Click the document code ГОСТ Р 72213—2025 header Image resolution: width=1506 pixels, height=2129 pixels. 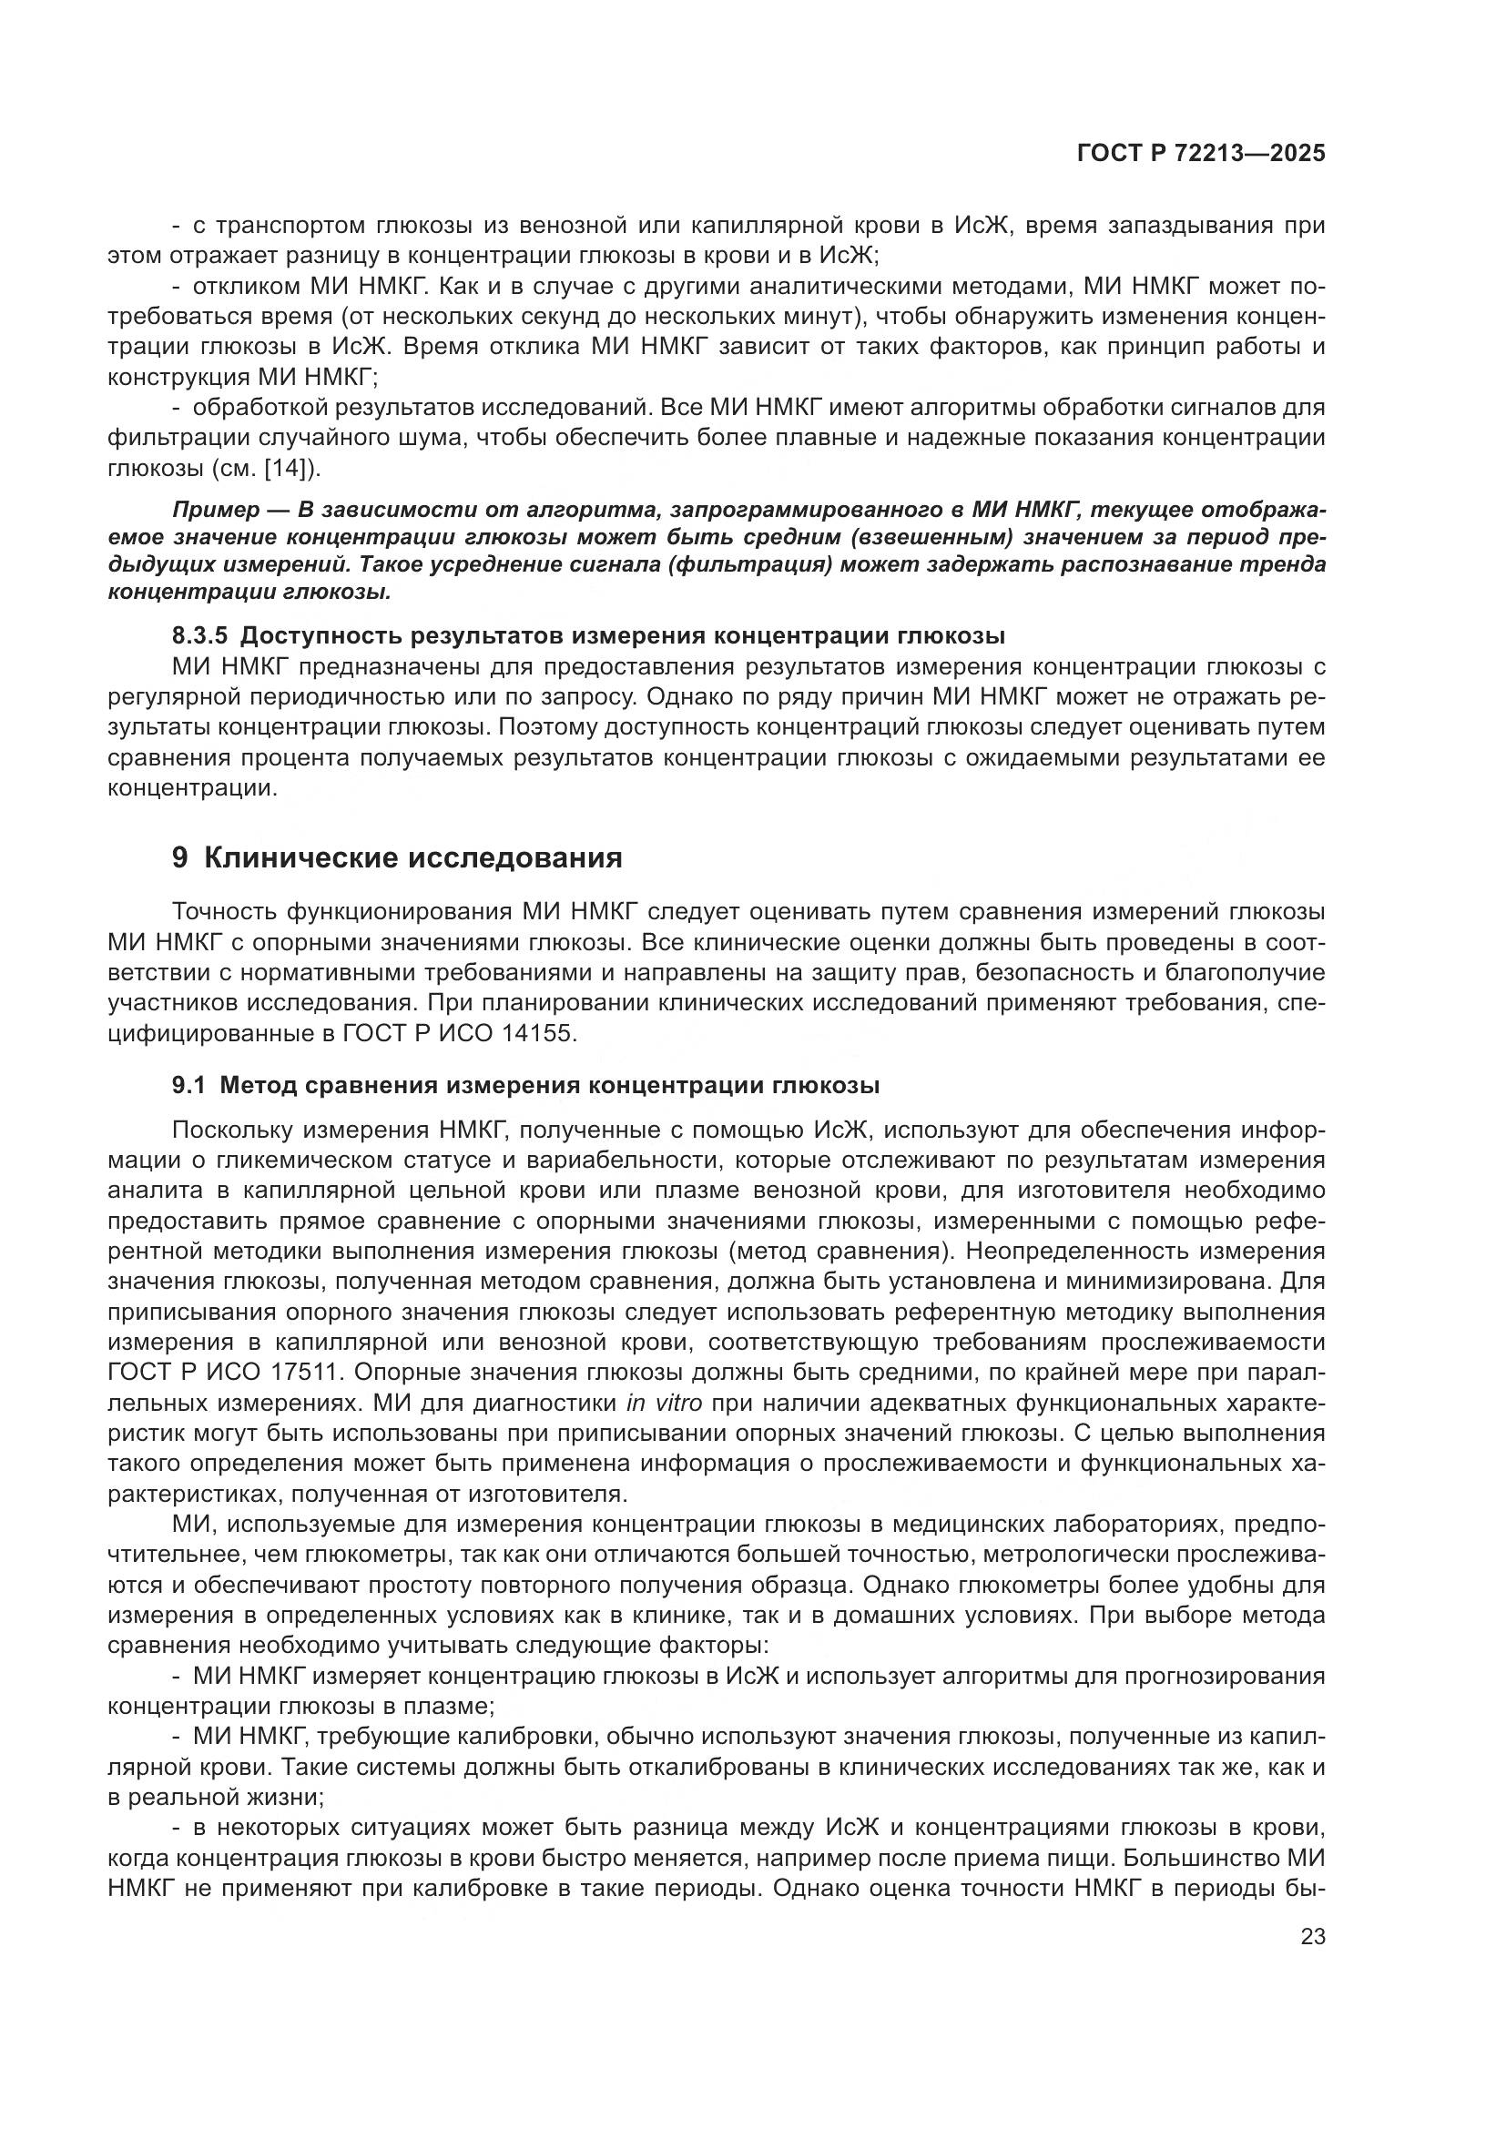(x=1201, y=154)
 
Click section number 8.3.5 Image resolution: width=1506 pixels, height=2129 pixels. (x=199, y=636)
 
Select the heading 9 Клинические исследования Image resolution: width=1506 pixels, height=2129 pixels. (x=397, y=857)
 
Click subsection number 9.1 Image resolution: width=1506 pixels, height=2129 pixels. (x=189, y=1085)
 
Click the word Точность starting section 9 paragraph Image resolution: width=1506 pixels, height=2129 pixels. (x=225, y=912)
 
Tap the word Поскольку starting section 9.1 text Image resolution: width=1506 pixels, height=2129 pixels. (x=232, y=1130)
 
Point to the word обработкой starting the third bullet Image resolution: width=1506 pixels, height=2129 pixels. (x=259, y=408)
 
